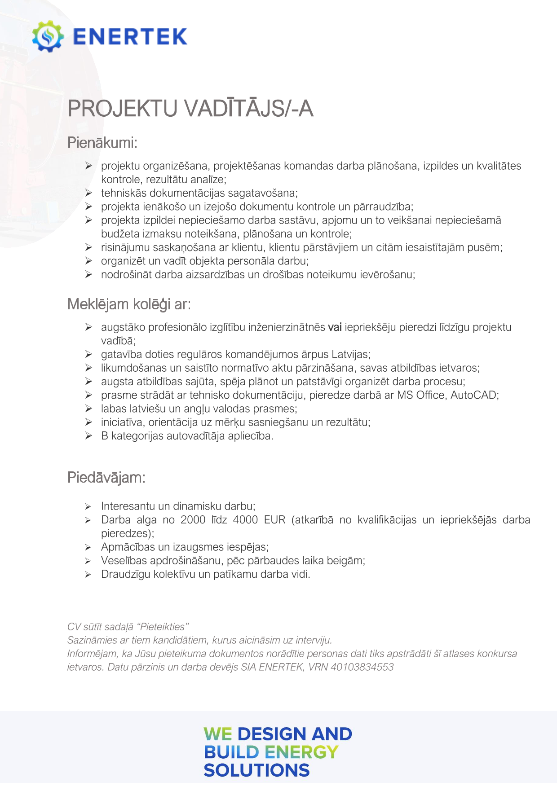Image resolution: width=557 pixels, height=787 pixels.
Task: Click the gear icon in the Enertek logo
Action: [48, 36]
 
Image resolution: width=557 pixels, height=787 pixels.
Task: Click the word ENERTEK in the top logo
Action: [130, 37]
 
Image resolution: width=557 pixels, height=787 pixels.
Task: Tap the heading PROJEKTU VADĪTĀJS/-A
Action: [190, 109]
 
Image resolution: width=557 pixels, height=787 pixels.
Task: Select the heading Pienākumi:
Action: [102, 143]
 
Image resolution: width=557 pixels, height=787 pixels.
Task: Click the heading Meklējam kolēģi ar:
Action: [129, 304]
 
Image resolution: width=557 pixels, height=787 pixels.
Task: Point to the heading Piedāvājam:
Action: [106, 477]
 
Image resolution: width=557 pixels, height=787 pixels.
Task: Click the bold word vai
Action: [335, 327]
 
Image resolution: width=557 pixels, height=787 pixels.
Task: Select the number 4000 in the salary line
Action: [245, 520]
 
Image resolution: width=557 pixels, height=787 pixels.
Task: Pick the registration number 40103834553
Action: [362, 667]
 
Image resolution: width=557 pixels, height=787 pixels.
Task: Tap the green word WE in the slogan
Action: [218, 734]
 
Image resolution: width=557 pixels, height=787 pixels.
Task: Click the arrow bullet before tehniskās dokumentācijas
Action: [88, 193]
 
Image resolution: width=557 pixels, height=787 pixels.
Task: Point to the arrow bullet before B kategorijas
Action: [88, 436]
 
